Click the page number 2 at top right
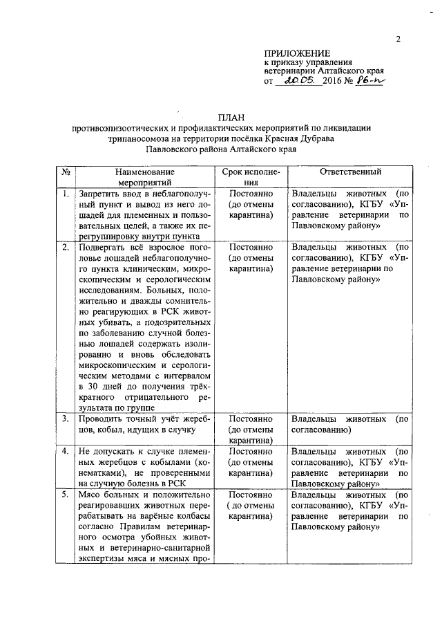coord(398,39)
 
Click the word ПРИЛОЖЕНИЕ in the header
coord(298,53)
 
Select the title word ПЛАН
coord(228,117)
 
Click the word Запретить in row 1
coord(102,194)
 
